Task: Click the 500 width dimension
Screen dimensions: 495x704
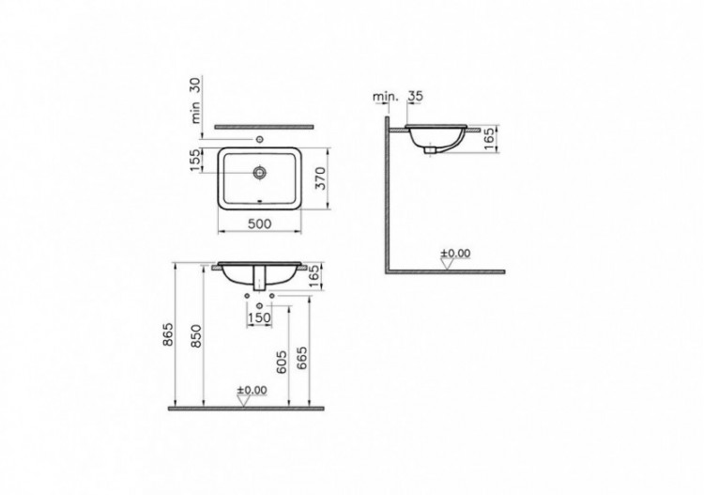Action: pos(260,224)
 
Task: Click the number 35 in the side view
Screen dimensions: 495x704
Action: pos(418,95)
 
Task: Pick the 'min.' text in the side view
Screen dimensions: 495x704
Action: pos(385,95)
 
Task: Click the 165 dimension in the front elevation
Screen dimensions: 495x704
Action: pos(315,276)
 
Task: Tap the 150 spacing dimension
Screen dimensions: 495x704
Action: pos(259,317)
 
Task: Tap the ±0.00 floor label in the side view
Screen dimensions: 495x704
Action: pos(456,253)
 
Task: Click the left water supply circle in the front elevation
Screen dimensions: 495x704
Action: pos(246,301)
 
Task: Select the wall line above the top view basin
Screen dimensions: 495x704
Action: pos(262,126)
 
